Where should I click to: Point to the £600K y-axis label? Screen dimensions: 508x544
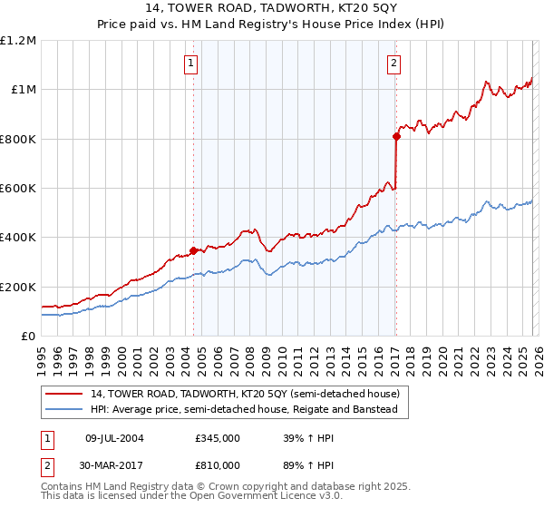[18, 189]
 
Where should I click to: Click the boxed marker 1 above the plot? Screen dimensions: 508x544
[192, 63]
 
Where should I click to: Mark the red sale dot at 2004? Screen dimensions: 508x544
[193, 250]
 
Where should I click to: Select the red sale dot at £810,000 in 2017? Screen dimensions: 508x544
[396, 136]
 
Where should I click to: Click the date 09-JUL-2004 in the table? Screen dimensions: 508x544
[114, 438]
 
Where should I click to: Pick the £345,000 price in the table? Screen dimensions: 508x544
[218, 438]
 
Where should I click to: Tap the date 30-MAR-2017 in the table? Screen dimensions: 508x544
[115, 464]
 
